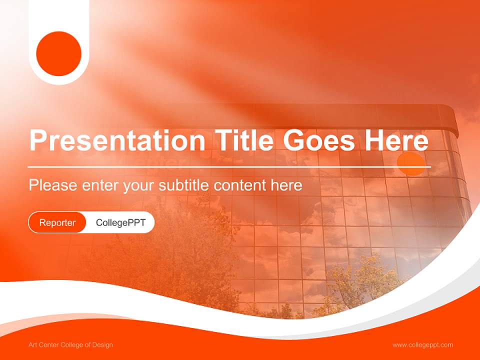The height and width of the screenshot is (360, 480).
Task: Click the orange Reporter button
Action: click(x=57, y=222)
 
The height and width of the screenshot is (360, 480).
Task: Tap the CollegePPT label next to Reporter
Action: click(x=120, y=222)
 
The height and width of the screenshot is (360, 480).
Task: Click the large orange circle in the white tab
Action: click(x=59, y=53)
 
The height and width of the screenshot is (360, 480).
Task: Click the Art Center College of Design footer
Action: click(x=70, y=345)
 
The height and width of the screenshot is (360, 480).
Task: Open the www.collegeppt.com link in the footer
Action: click(x=422, y=345)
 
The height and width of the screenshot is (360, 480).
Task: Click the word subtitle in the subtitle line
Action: click(x=184, y=185)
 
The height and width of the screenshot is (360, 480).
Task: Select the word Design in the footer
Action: click(x=103, y=345)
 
